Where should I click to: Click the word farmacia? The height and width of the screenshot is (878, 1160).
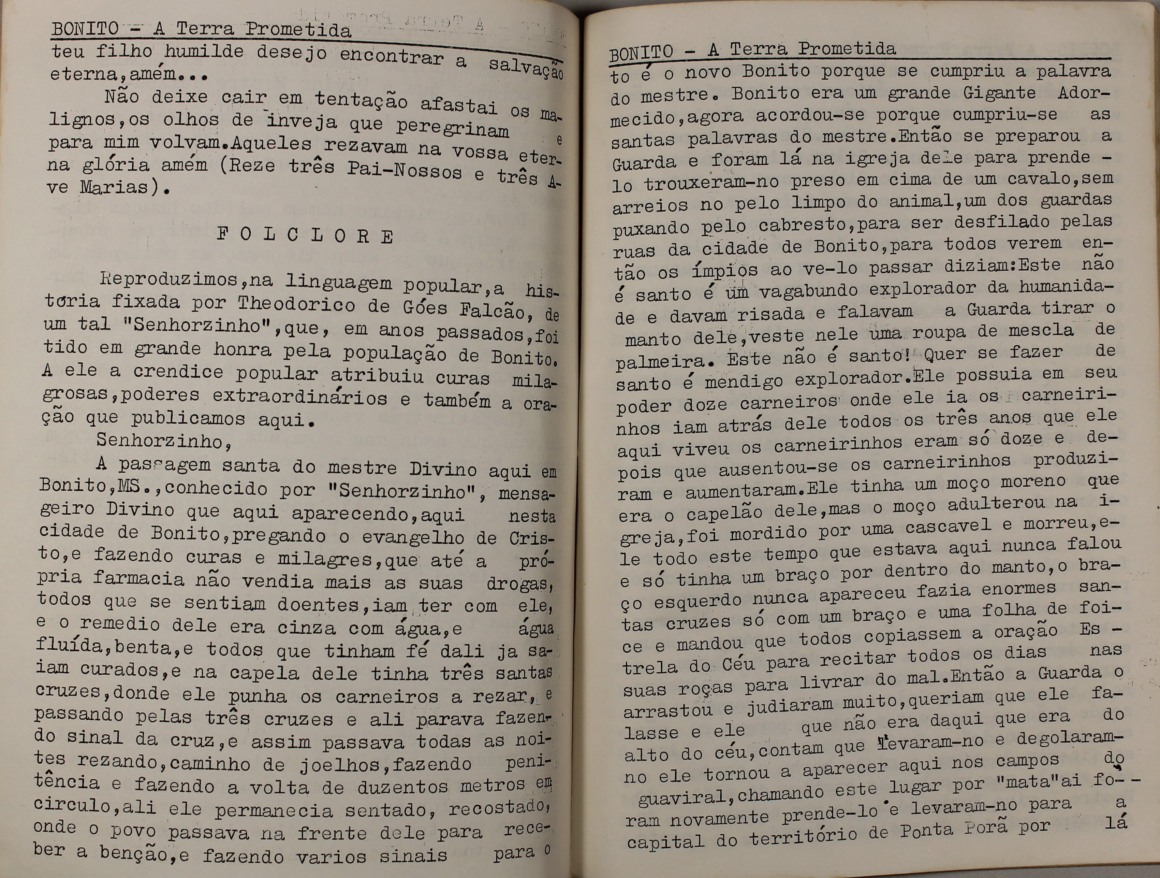point(138,579)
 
